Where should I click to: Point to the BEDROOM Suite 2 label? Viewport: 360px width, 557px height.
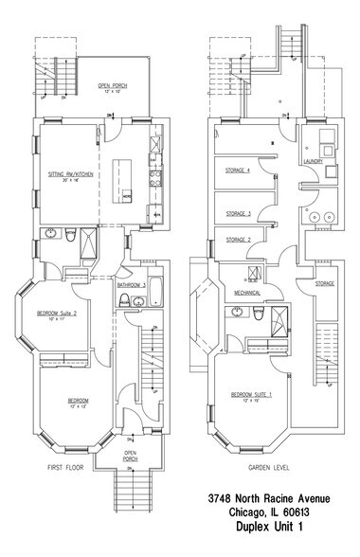click(x=56, y=313)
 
